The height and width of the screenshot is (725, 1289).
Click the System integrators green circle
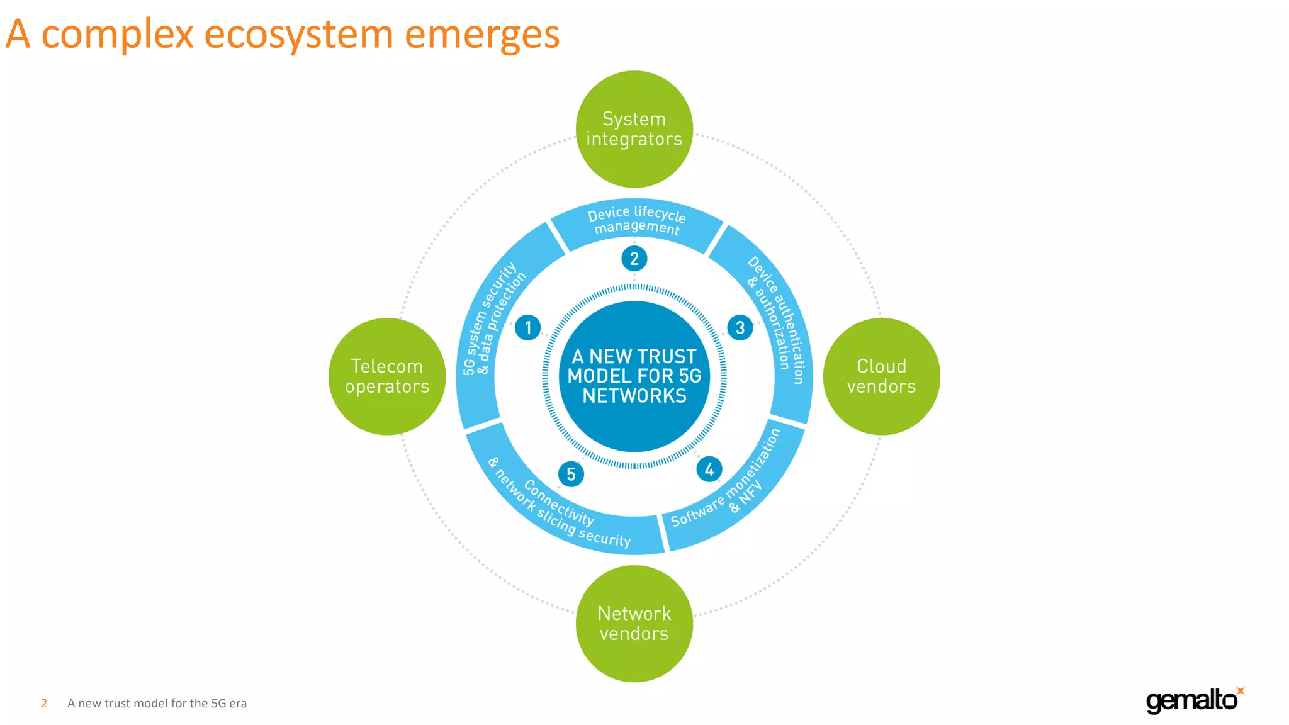click(634, 129)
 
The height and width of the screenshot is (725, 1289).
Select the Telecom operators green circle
click(387, 376)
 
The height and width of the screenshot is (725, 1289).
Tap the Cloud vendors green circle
click(881, 376)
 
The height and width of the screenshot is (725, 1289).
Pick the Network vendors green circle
click(634, 624)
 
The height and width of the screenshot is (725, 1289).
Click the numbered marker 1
click(527, 328)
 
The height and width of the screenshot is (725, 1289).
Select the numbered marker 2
click(634, 259)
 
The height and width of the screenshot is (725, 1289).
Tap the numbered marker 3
click(740, 328)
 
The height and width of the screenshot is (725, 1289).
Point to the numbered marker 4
click(709, 469)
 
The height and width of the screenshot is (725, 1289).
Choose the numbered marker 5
click(571, 474)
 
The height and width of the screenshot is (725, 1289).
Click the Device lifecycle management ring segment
click(636, 221)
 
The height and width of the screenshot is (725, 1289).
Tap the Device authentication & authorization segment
click(777, 318)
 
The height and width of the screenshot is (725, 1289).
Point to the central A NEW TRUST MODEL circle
click(634, 376)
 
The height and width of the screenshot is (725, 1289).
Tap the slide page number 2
click(44, 703)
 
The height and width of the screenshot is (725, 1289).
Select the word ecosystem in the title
click(299, 35)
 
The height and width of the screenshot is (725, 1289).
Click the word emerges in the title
click(482, 35)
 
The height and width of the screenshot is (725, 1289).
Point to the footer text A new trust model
click(157, 703)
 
